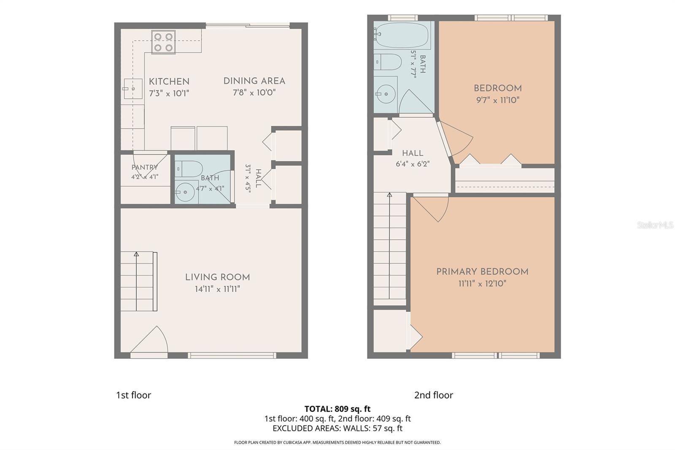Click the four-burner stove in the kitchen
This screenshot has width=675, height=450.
point(163,42)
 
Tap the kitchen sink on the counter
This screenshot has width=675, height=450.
point(133,89)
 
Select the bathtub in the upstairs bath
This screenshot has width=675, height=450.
point(402,35)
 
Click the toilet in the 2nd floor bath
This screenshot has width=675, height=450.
point(388,62)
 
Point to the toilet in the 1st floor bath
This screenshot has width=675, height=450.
point(189,169)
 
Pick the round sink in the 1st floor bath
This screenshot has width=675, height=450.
point(185,192)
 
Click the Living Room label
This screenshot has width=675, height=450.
point(217,277)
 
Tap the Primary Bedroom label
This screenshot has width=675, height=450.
point(482,272)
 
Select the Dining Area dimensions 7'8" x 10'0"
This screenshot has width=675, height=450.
point(254,92)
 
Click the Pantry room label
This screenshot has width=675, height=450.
point(145,168)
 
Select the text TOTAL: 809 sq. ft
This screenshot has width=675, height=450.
point(337,409)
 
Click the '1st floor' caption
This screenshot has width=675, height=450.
point(133,395)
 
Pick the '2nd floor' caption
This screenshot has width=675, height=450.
point(433,395)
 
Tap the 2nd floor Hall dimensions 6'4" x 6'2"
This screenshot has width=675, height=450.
point(413,164)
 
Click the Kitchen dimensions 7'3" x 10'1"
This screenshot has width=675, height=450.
point(169,93)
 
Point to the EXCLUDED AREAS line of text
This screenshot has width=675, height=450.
point(337,428)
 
